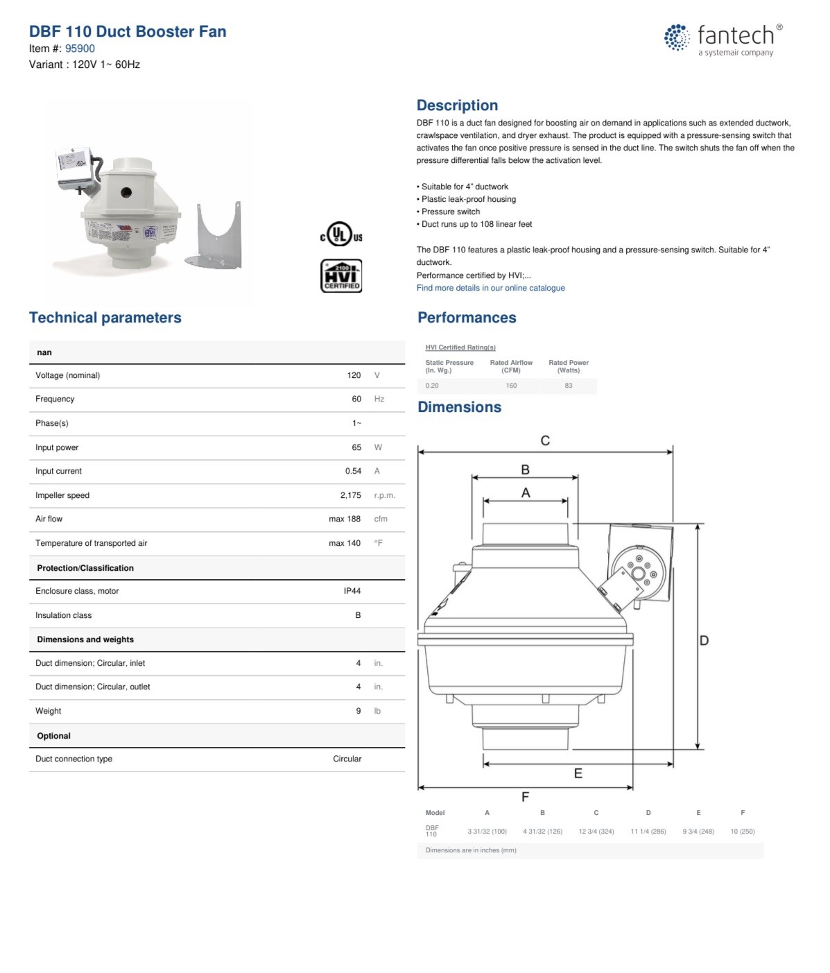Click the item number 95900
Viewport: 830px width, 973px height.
click(80, 49)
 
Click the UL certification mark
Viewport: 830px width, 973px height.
click(340, 234)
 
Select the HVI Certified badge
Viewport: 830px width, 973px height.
click(341, 275)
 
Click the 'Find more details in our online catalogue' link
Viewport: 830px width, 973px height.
click(490, 288)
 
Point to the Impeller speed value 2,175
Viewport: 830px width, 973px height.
click(350, 495)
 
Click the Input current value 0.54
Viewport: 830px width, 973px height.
click(353, 471)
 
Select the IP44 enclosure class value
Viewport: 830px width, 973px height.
click(352, 591)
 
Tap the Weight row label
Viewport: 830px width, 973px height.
click(49, 711)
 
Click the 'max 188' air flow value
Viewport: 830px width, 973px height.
click(345, 519)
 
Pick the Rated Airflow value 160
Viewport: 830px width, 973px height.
click(511, 386)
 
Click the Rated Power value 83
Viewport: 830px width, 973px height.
click(569, 386)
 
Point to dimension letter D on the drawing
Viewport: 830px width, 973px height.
click(704, 640)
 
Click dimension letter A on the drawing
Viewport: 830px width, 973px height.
click(526, 492)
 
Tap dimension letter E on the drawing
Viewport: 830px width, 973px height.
click(578, 773)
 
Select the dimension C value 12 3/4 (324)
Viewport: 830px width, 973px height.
click(596, 831)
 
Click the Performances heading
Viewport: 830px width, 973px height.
click(467, 318)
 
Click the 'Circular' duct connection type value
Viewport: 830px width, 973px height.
click(347, 759)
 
